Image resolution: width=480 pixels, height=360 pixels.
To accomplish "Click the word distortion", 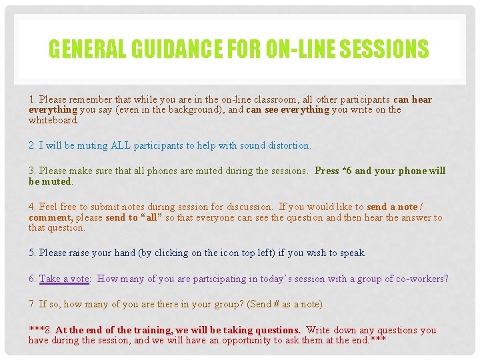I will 288,145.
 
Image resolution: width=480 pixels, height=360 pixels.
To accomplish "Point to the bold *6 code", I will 347,171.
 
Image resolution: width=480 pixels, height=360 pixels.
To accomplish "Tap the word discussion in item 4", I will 247,207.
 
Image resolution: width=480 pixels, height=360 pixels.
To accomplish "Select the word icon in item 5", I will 230,253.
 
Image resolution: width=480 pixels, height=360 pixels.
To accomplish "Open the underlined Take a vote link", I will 64,279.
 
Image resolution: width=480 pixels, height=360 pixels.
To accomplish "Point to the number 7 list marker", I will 32,304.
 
